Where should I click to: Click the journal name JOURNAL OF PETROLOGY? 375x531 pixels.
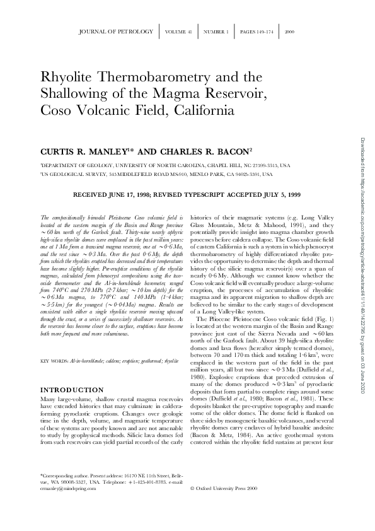(116, 31)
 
